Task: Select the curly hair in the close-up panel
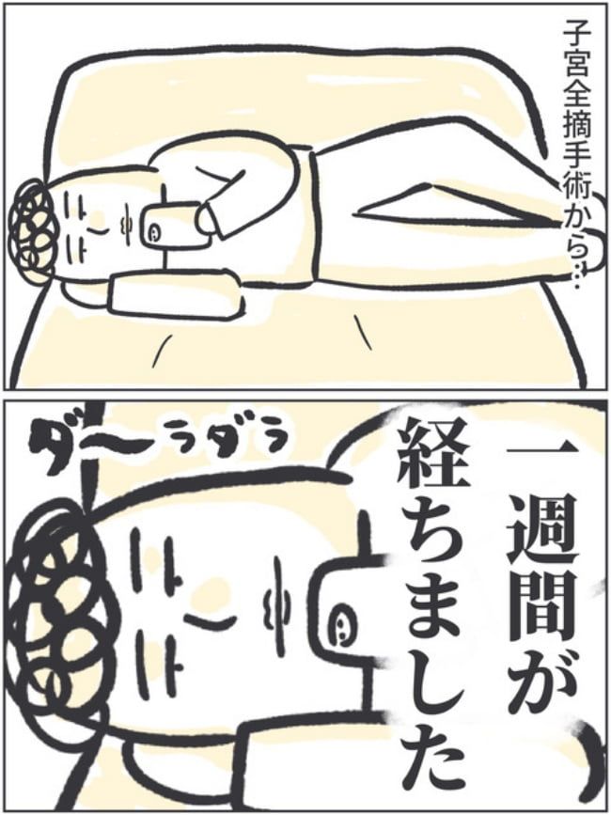[52, 611]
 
